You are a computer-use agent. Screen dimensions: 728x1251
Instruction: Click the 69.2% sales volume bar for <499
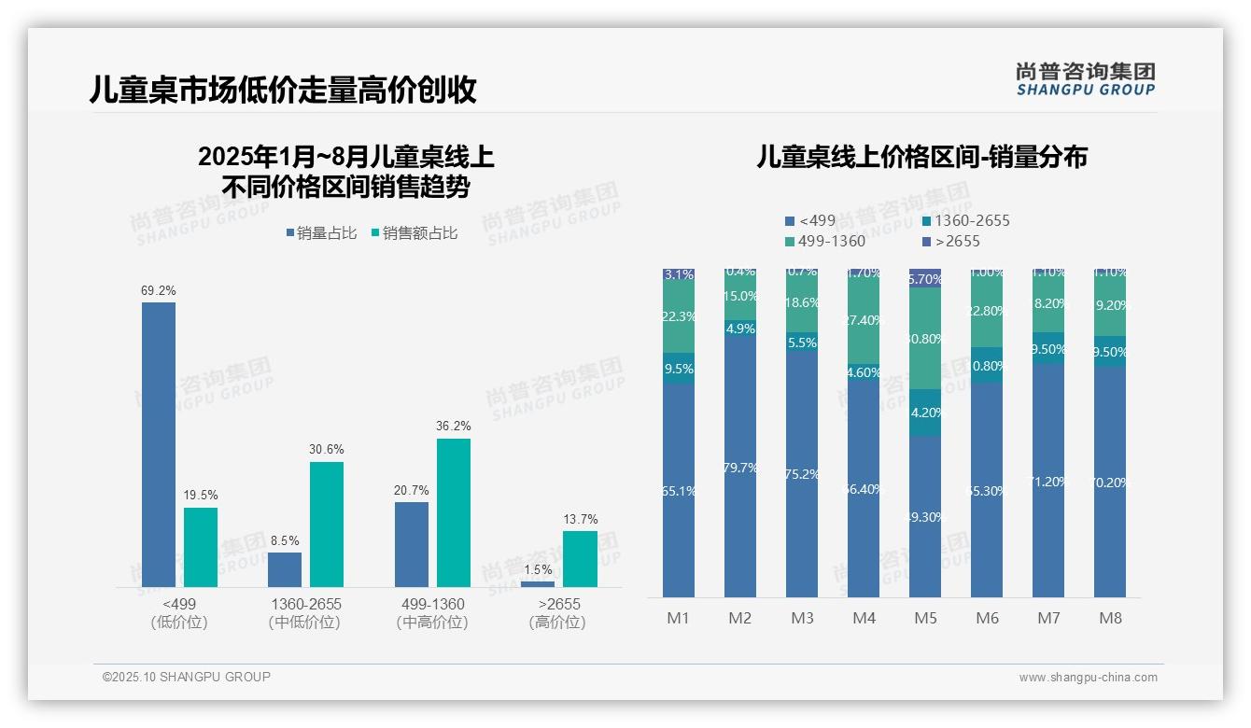click(x=159, y=444)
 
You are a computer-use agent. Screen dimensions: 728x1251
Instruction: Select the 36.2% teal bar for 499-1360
click(x=454, y=512)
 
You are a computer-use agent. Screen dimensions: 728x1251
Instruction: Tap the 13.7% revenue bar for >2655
click(x=580, y=559)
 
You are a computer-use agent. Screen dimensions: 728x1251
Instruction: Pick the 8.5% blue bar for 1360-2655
click(x=285, y=569)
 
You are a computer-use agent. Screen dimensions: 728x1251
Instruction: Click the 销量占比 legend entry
click(x=321, y=233)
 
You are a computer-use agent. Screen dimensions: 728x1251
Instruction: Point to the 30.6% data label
click(x=327, y=450)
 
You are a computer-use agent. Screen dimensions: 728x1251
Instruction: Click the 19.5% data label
click(x=200, y=496)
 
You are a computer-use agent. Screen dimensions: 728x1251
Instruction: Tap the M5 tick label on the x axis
click(x=925, y=618)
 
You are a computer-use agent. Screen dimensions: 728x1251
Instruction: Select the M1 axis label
click(x=678, y=618)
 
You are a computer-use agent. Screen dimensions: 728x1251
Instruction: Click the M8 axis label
click(x=1110, y=618)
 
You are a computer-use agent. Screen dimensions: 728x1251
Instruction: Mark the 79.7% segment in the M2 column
click(x=740, y=467)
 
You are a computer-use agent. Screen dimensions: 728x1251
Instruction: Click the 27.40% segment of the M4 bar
click(x=864, y=320)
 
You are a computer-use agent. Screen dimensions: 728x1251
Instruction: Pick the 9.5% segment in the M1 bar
click(x=679, y=369)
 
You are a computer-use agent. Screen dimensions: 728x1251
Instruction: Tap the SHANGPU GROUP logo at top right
click(x=1085, y=79)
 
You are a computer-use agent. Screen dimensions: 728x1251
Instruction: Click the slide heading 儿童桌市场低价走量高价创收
click(x=283, y=90)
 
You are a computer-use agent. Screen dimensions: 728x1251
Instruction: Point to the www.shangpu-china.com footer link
click(x=1088, y=678)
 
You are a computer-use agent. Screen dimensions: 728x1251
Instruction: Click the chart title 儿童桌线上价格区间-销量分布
click(x=921, y=157)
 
